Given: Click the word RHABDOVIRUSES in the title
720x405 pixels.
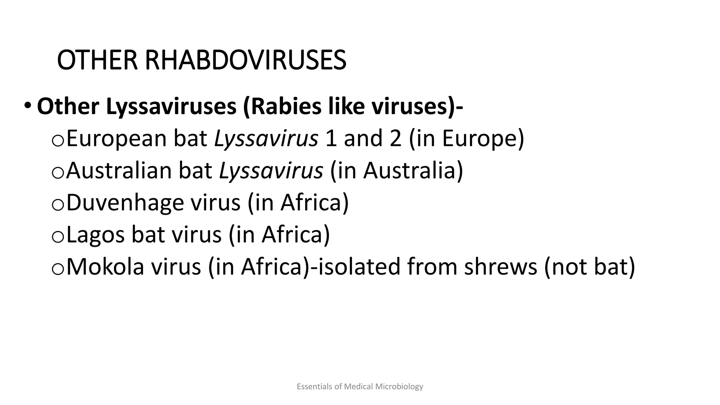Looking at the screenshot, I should (245, 60).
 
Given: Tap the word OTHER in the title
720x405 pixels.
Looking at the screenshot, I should (97, 60).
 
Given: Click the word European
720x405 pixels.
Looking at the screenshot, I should (116, 139).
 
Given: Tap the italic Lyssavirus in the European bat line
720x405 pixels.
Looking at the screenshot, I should (266, 139).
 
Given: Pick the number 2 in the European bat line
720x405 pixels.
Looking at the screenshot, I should (395, 139).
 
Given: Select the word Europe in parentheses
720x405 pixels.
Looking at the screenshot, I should (480, 139).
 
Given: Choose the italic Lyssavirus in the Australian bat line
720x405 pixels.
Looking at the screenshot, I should (271, 171).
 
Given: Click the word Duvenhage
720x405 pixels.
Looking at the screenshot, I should (125, 202).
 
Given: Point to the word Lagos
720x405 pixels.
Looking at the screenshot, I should (95, 234).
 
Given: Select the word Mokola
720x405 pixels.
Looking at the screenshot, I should (105, 266).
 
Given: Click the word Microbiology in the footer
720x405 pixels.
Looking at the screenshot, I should (399, 387).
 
